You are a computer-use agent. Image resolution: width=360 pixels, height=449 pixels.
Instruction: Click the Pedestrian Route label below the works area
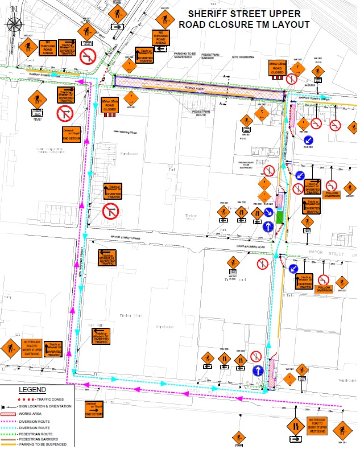coord(197,113)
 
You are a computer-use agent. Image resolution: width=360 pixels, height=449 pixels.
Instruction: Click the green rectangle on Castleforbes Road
coord(279,216)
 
